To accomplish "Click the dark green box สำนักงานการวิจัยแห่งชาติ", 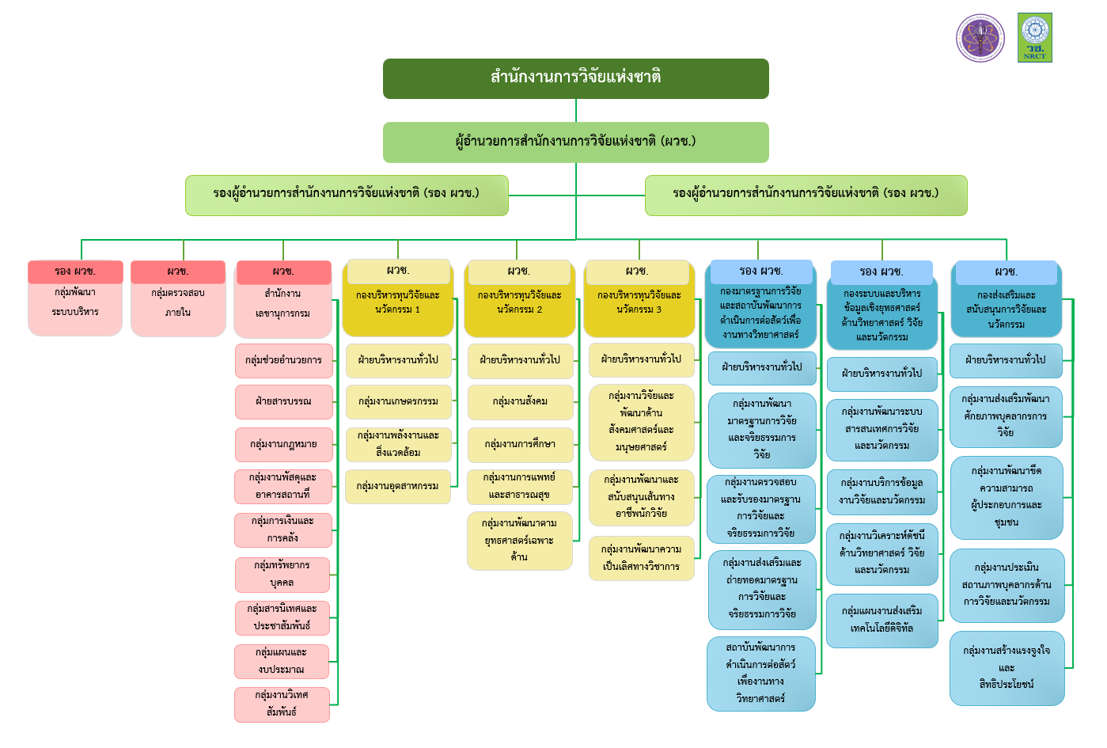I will [x=575, y=78].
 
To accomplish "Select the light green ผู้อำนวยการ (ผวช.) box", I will [x=575, y=142].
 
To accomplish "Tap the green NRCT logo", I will [x=1034, y=37].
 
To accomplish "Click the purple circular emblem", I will [x=980, y=37].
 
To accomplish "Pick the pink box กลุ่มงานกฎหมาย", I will [x=283, y=444].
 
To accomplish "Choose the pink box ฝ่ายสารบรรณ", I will [x=283, y=401].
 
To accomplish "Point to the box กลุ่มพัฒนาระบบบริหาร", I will [x=75, y=302].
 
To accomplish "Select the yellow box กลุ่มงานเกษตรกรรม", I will [x=398, y=401].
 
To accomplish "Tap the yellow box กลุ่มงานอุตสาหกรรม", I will [x=397, y=486].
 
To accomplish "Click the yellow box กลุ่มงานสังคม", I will [x=520, y=401].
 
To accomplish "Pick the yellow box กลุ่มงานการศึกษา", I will [x=520, y=444].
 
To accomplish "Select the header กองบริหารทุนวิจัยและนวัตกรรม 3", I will [x=639, y=302].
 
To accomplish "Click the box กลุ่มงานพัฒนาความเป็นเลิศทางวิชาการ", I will [x=641, y=558].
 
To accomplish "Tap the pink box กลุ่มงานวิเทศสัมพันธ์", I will [x=282, y=704].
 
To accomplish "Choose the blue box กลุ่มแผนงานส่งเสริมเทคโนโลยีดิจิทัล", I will [x=881, y=620].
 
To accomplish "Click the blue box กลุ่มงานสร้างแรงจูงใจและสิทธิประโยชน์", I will [x=1007, y=667].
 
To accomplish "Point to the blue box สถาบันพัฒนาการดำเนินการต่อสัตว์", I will [x=760, y=673].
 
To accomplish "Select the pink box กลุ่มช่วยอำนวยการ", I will [x=283, y=360].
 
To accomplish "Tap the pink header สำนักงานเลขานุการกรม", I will [x=282, y=303].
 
